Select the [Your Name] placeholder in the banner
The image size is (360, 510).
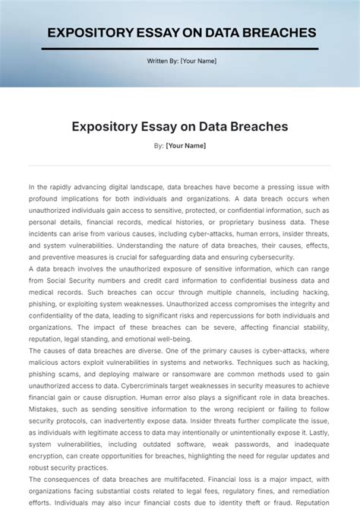tap(198, 61)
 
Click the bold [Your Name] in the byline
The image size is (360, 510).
tap(185, 145)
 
